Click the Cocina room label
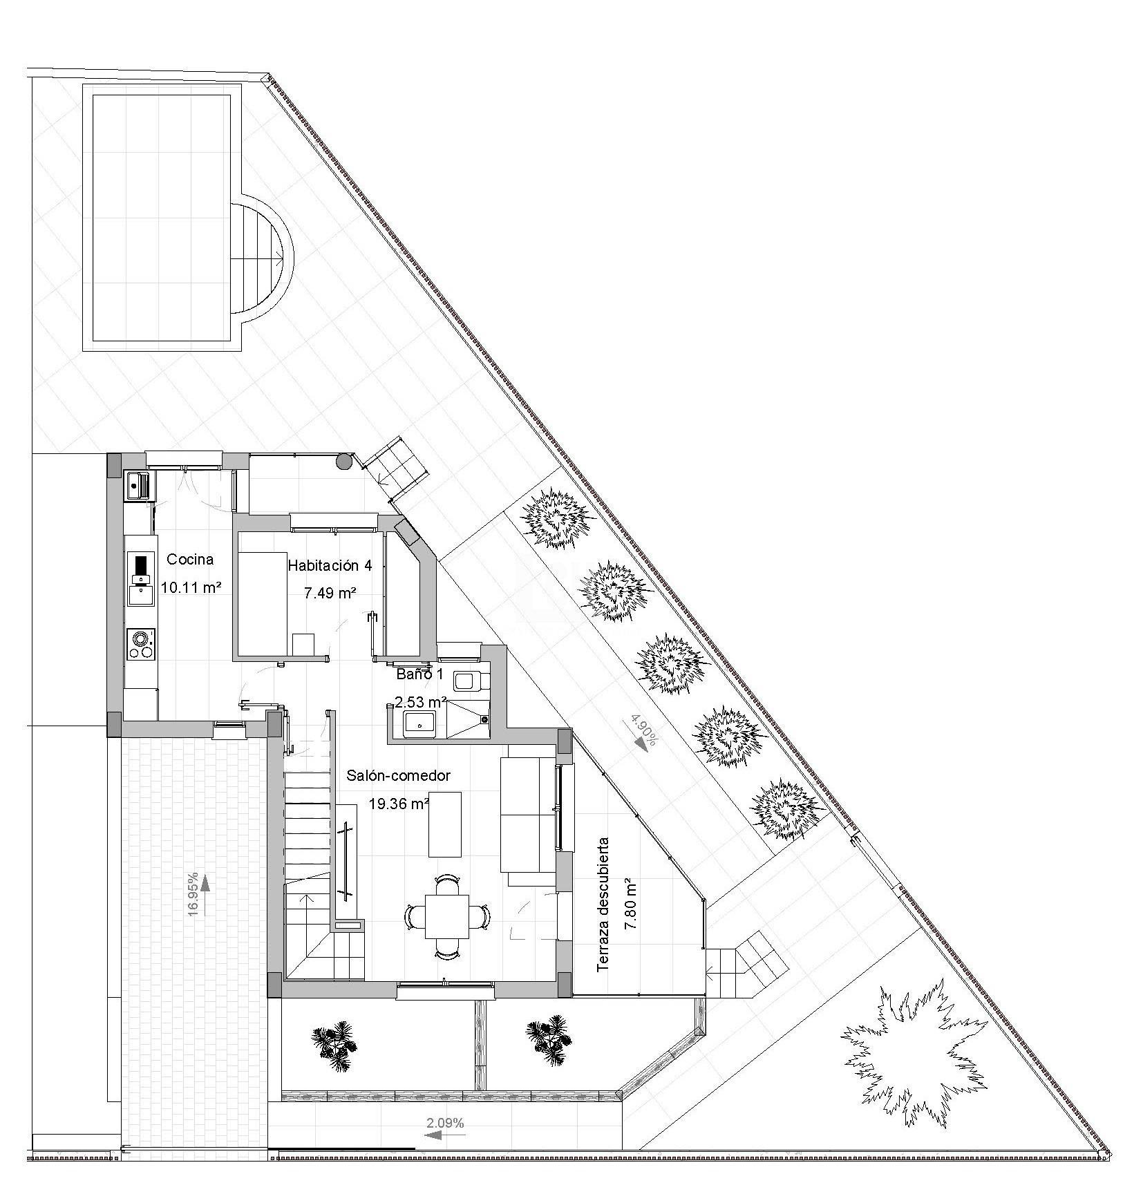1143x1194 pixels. [190, 560]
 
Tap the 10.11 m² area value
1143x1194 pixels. [191, 588]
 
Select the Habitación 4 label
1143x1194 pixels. [330, 566]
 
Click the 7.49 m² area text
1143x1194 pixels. [330, 593]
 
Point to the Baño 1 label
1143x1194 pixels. [419, 674]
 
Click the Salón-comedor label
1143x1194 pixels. [398, 776]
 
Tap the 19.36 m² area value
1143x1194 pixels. [399, 804]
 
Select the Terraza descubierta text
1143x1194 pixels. [603, 904]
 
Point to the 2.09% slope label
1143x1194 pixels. [446, 1123]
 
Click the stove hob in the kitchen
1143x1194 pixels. [140, 644]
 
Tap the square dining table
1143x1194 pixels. [446, 916]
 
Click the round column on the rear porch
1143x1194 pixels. [343, 461]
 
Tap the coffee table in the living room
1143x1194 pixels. [444, 824]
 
